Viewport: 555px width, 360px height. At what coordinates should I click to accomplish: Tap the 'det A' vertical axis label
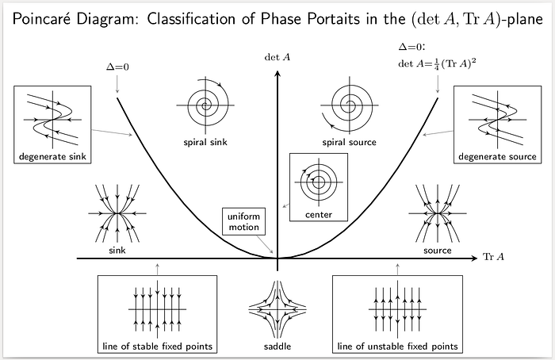tap(277, 56)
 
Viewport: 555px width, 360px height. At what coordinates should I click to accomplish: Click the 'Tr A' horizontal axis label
tap(493, 257)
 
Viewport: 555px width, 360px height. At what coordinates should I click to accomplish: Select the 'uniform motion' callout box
tap(243, 221)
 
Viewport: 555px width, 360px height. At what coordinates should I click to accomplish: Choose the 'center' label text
tap(318, 215)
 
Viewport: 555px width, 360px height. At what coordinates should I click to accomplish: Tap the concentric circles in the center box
tap(318, 181)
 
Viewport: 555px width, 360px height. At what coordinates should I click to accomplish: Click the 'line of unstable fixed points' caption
tap(397, 347)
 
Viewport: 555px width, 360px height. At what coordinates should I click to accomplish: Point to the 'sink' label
tap(117, 251)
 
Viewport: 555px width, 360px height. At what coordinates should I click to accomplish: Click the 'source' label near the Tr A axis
tap(438, 251)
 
